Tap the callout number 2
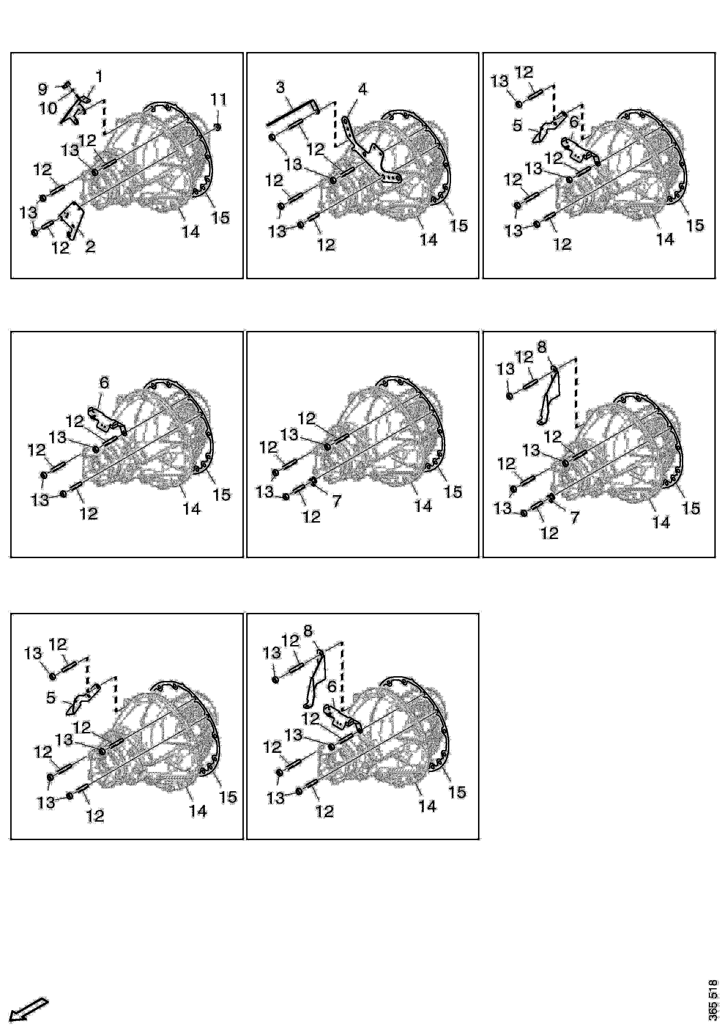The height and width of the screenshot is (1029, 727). coord(90,246)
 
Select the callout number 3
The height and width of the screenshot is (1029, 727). coord(280,87)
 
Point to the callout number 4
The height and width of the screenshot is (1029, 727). coord(362,90)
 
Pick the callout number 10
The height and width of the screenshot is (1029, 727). coord(48,108)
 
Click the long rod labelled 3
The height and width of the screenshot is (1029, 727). coord(291,112)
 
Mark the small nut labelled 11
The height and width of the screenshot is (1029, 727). coord(217,127)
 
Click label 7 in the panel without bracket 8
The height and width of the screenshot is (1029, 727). coord(336,501)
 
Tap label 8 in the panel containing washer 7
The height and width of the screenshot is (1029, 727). coord(542,347)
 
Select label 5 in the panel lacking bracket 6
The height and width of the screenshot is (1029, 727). coord(51,697)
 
